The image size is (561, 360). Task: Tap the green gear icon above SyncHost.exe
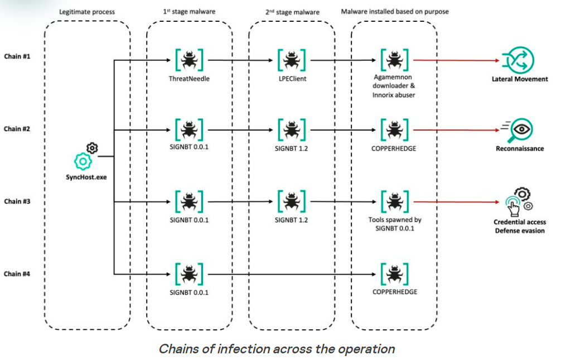(83, 161)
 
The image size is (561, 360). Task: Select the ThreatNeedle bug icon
(189, 59)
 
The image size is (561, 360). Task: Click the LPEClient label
(291, 79)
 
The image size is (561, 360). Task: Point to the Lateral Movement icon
(518, 60)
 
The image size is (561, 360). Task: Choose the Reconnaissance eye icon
(518, 130)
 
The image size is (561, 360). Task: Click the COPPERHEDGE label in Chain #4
(395, 292)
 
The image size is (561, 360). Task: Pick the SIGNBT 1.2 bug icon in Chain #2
(291, 131)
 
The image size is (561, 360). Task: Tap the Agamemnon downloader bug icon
(395, 59)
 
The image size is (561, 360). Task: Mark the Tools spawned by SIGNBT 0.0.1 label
(395, 224)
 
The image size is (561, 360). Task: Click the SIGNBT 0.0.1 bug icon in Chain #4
(189, 273)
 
